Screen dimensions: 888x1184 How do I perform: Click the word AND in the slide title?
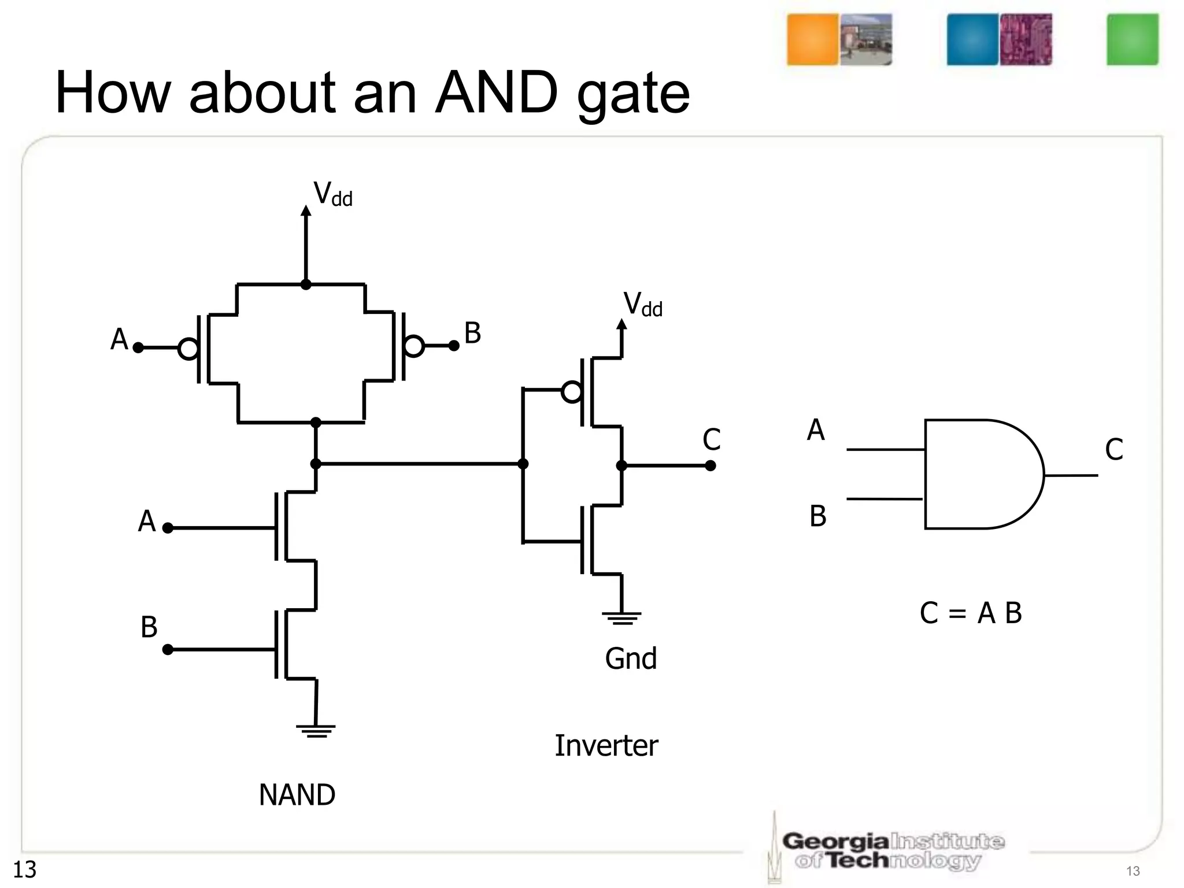pyautogui.click(x=496, y=92)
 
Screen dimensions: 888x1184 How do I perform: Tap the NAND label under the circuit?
pyautogui.click(x=297, y=795)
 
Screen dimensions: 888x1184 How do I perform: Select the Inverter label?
pyautogui.click(x=606, y=746)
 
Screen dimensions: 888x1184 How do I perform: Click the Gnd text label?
pyautogui.click(x=631, y=658)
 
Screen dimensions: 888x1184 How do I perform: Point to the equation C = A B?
pyautogui.click(x=971, y=613)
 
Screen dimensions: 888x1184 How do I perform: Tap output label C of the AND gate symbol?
pyautogui.click(x=1113, y=449)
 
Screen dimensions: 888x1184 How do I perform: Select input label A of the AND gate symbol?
pyautogui.click(x=816, y=430)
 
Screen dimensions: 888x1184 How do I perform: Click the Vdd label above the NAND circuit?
pyautogui.click(x=332, y=194)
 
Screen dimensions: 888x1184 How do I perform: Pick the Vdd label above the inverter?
pyautogui.click(x=642, y=304)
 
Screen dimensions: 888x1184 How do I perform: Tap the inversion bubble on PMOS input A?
pyautogui.click(x=188, y=349)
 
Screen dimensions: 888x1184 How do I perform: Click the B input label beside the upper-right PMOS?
pyautogui.click(x=472, y=334)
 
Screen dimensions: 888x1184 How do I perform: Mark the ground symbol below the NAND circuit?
pyautogui.click(x=316, y=731)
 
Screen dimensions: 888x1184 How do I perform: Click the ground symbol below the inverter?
pyautogui.click(x=621, y=619)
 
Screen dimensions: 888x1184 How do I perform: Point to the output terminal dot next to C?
pyautogui.click(x=711, y=466)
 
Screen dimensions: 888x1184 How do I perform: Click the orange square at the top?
pyautogui.click(x=812, y=40)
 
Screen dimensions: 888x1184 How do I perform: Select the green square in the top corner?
pyautogui.click(x=1133, y=40)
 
